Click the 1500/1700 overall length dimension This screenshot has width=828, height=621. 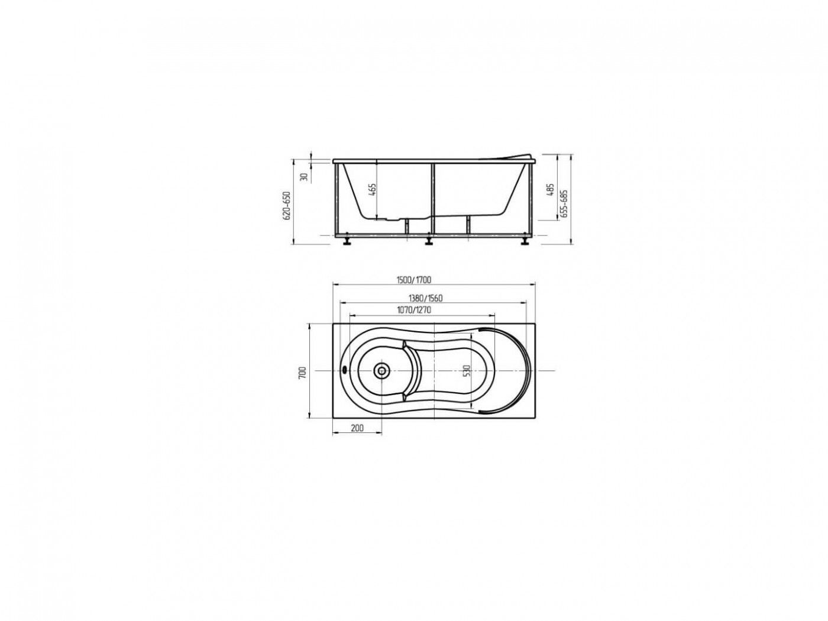coord(413,280)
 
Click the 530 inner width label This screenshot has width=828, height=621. coord(467,370)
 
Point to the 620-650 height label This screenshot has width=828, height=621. coord(287,205)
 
